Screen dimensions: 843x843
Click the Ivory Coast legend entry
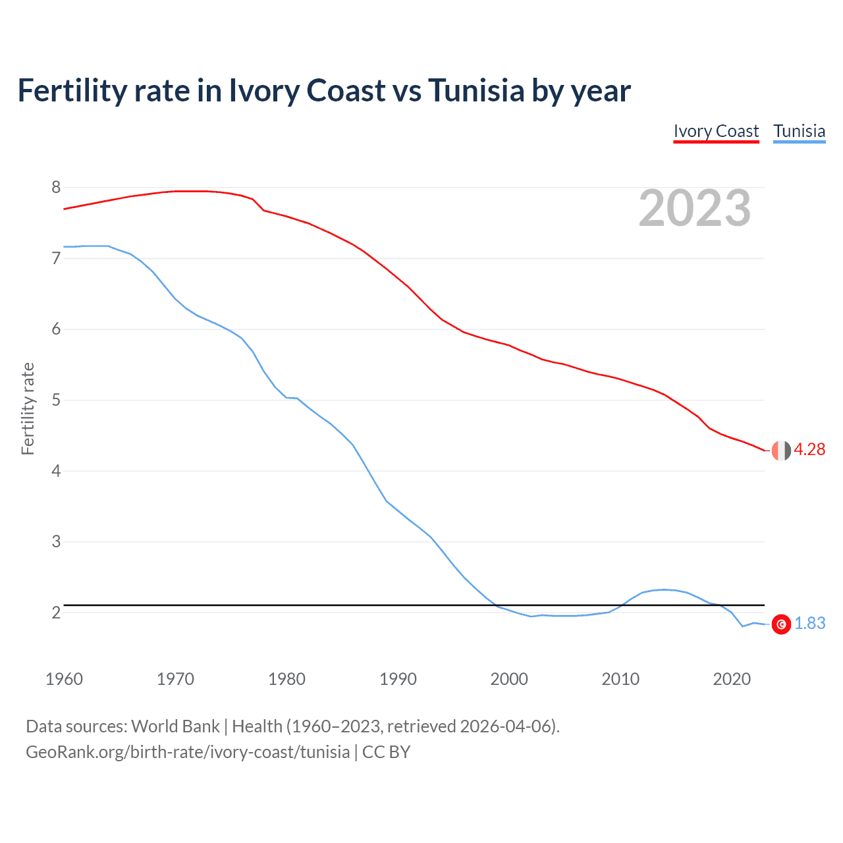[x=716, y=131]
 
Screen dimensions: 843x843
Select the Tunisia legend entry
[x=799, y=131]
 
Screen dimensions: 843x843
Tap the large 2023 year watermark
[x=694, y=208]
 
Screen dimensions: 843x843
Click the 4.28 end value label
[x=809, y=450]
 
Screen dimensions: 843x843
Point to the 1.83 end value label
[x=809, y=624]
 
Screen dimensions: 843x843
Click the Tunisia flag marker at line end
[x=781, y=624]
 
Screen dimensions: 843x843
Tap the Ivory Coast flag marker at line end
[x=781, y=450]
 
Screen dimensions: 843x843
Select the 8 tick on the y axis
[x=56, y=188]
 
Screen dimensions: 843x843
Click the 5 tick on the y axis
[x=56, y=400]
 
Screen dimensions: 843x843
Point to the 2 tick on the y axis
[x=56, y=613]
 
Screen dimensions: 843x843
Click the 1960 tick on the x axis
[x=64, y=679]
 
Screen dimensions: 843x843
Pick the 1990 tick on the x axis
[x=398, y=679]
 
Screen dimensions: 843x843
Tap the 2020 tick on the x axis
[x=732, y=679]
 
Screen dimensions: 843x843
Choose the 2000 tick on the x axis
[x=509, y=679]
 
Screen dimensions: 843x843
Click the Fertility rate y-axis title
[x=28, y=408]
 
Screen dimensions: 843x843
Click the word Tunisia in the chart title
[x=476, y=91]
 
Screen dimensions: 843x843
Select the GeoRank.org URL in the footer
[x=188, y=752]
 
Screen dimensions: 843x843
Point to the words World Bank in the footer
[x=175, y=726]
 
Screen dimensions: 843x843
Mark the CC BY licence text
[x=386, y=752]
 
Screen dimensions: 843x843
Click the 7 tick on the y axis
[x=56, y=259]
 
